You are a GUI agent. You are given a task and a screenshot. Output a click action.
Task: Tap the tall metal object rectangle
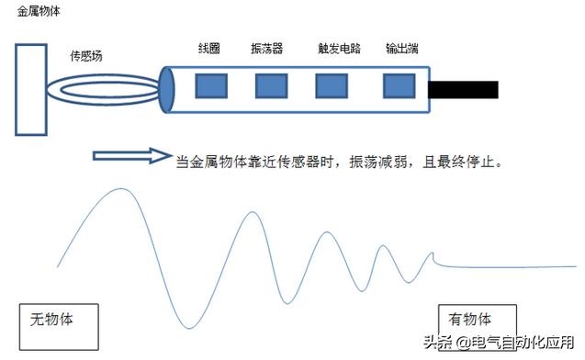32,89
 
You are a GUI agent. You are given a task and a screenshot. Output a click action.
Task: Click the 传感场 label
86,56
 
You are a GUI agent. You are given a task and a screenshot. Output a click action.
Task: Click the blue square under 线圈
211,86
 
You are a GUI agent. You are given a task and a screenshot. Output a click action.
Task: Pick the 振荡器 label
267,48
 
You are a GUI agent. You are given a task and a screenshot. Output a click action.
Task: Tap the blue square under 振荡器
270,86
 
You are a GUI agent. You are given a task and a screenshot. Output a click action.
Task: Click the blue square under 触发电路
331,86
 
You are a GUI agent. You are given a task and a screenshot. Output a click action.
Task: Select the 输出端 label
401,48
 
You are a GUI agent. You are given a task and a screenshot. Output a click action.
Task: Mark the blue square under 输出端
398,86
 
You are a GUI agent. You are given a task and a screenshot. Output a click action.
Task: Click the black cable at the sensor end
464,90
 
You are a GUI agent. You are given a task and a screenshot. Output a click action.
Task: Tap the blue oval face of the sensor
167,90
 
